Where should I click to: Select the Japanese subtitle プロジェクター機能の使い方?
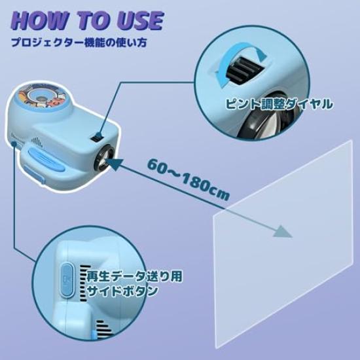tap(79, 43)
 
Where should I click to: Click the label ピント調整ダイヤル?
tap(279, 104)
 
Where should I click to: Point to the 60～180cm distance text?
tap(189, 179)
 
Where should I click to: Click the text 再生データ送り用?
tap(134, 276)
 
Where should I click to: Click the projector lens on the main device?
tap(104, 158)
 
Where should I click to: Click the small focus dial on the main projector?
tap(98, 137)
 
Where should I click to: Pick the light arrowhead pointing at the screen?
tap(283, 232)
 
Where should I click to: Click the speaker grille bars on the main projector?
tap(36, 142)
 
